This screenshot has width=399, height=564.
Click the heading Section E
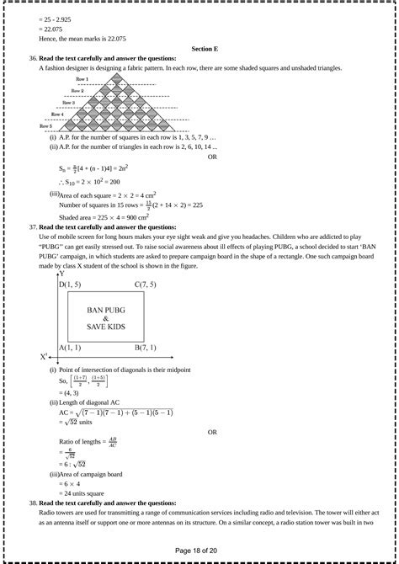click(205, 50)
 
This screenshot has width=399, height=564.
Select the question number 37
click(32, 227)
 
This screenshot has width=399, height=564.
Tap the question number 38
click(32, 503)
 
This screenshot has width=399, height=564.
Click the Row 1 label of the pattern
click(82, 78)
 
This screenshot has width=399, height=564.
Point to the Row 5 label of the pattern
click(46, 126)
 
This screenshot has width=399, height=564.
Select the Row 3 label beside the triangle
click(68, 103)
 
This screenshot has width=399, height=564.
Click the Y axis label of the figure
click(61, 274)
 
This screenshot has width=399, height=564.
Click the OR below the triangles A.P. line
click(212, 157)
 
